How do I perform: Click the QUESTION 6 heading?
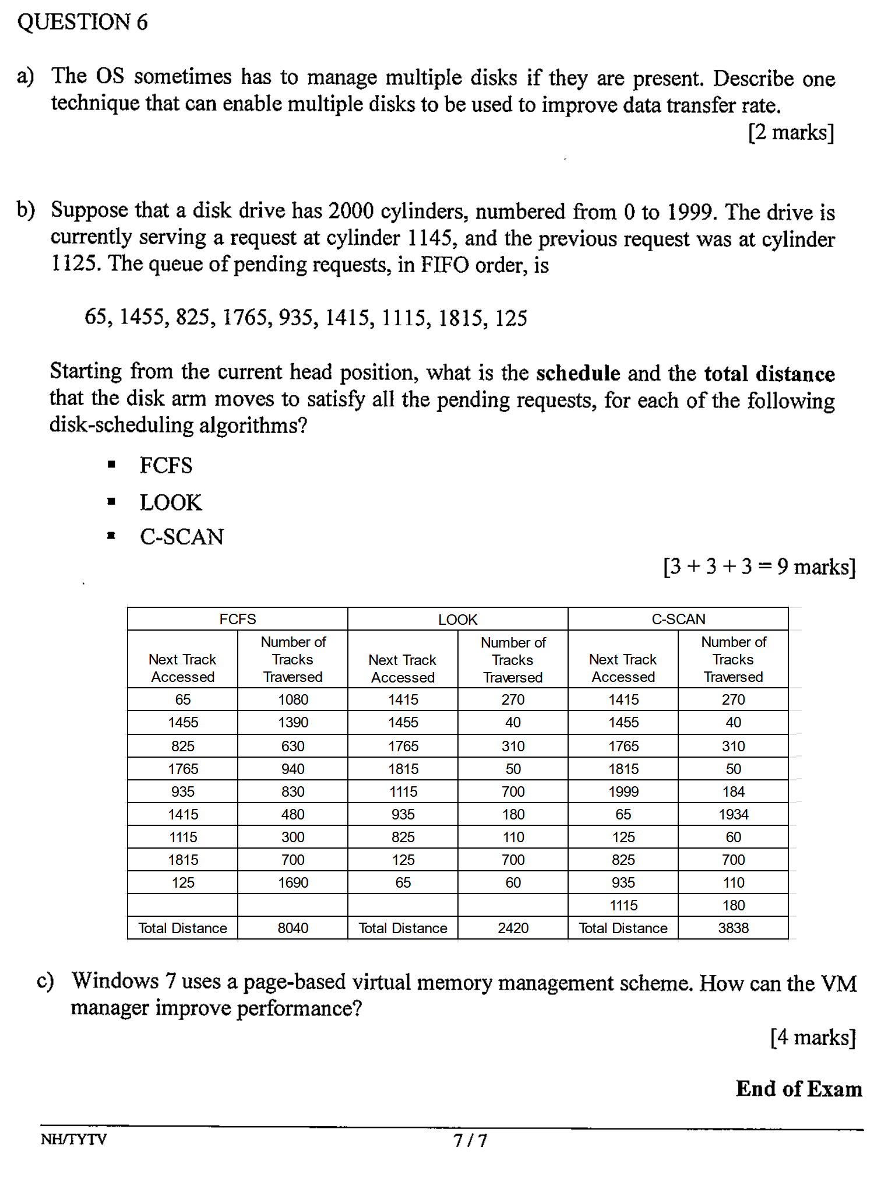coord(82,22)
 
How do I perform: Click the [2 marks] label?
coord(791,132)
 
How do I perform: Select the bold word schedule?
coord(577,373)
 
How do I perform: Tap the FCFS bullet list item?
coord(165,466)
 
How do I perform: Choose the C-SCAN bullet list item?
coord(181,537)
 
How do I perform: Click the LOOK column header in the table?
coord(457,620)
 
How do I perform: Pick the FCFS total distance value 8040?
coord(293,928)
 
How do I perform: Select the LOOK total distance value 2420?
coord(513,928)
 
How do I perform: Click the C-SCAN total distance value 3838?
coord(733,928)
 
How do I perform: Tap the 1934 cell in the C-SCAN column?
coord(733,814)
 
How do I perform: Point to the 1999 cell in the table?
coord(623,792)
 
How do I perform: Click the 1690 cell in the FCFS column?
coord(293,882)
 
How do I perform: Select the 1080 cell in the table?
coord(293,699)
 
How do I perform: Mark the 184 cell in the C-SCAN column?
coord(733,792)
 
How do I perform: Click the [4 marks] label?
coord(812,1037)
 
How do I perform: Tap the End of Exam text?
coord(798,1089)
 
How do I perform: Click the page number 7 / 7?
coord(470,1140)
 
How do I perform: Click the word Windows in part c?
coord(115,982)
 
